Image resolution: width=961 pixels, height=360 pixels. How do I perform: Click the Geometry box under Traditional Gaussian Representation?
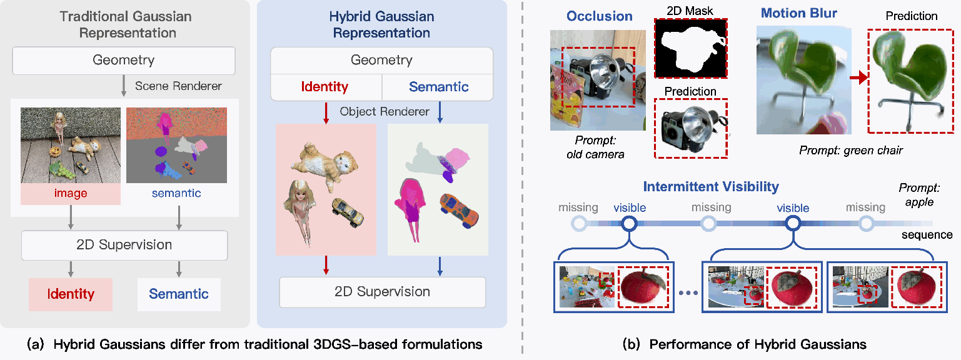[124, 61]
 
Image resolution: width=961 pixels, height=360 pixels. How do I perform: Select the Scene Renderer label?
[178, 86]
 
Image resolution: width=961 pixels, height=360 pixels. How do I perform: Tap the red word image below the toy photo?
[71, 193]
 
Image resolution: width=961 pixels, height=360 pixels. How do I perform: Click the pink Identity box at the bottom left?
[71, 294]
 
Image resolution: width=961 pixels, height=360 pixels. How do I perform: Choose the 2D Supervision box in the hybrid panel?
[382, 292]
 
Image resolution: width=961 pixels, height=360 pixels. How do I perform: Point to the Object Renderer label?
[385, 111]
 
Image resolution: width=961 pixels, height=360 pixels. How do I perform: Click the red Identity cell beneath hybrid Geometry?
[325, 87]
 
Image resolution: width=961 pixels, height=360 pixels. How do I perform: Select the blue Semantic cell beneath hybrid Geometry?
[438, 87]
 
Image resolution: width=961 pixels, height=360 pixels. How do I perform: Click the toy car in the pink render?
[348, 212]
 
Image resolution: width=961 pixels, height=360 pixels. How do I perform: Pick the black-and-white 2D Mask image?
[690, 48]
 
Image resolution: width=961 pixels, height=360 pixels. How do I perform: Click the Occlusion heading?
[600, 16]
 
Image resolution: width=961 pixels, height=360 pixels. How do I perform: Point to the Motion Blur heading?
[799, 13]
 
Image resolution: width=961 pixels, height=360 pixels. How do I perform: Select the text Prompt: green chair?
[851, 150]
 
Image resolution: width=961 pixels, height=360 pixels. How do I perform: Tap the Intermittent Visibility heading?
[711, 187]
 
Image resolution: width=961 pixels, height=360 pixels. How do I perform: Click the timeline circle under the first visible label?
[630, 224]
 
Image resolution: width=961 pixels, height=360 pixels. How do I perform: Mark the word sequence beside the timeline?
[927, 235]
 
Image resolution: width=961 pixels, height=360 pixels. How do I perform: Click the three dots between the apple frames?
[688, 293]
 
